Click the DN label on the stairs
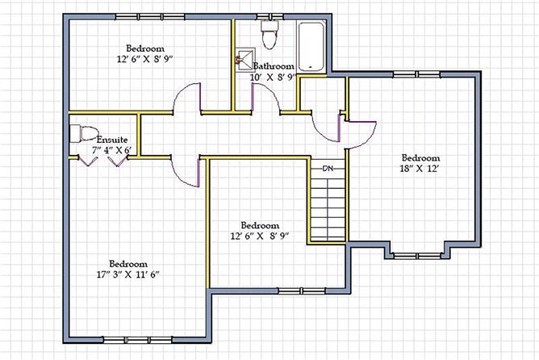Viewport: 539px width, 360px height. [328, 169]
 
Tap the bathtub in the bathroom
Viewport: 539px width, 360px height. [311, 47]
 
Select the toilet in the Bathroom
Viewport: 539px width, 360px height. [269, 34]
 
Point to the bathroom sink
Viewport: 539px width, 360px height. [245, 60]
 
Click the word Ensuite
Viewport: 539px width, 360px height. [111, 140]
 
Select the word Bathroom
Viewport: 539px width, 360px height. [274, 66]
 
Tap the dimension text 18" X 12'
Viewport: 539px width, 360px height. [420, 169]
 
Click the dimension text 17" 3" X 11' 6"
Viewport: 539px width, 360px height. [128, 274]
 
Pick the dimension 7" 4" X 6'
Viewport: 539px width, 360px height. [111, 150]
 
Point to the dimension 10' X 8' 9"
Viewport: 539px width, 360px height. [273, 77]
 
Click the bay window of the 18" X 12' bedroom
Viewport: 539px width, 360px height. [417, 255]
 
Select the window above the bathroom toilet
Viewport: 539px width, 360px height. [270, 16]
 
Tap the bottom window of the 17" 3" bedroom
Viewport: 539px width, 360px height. [137, 340]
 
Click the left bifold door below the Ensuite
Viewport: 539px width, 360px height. [88, 161]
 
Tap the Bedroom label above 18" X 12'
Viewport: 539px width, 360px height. [420, 158]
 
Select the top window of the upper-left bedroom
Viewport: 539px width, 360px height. [150, 16]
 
